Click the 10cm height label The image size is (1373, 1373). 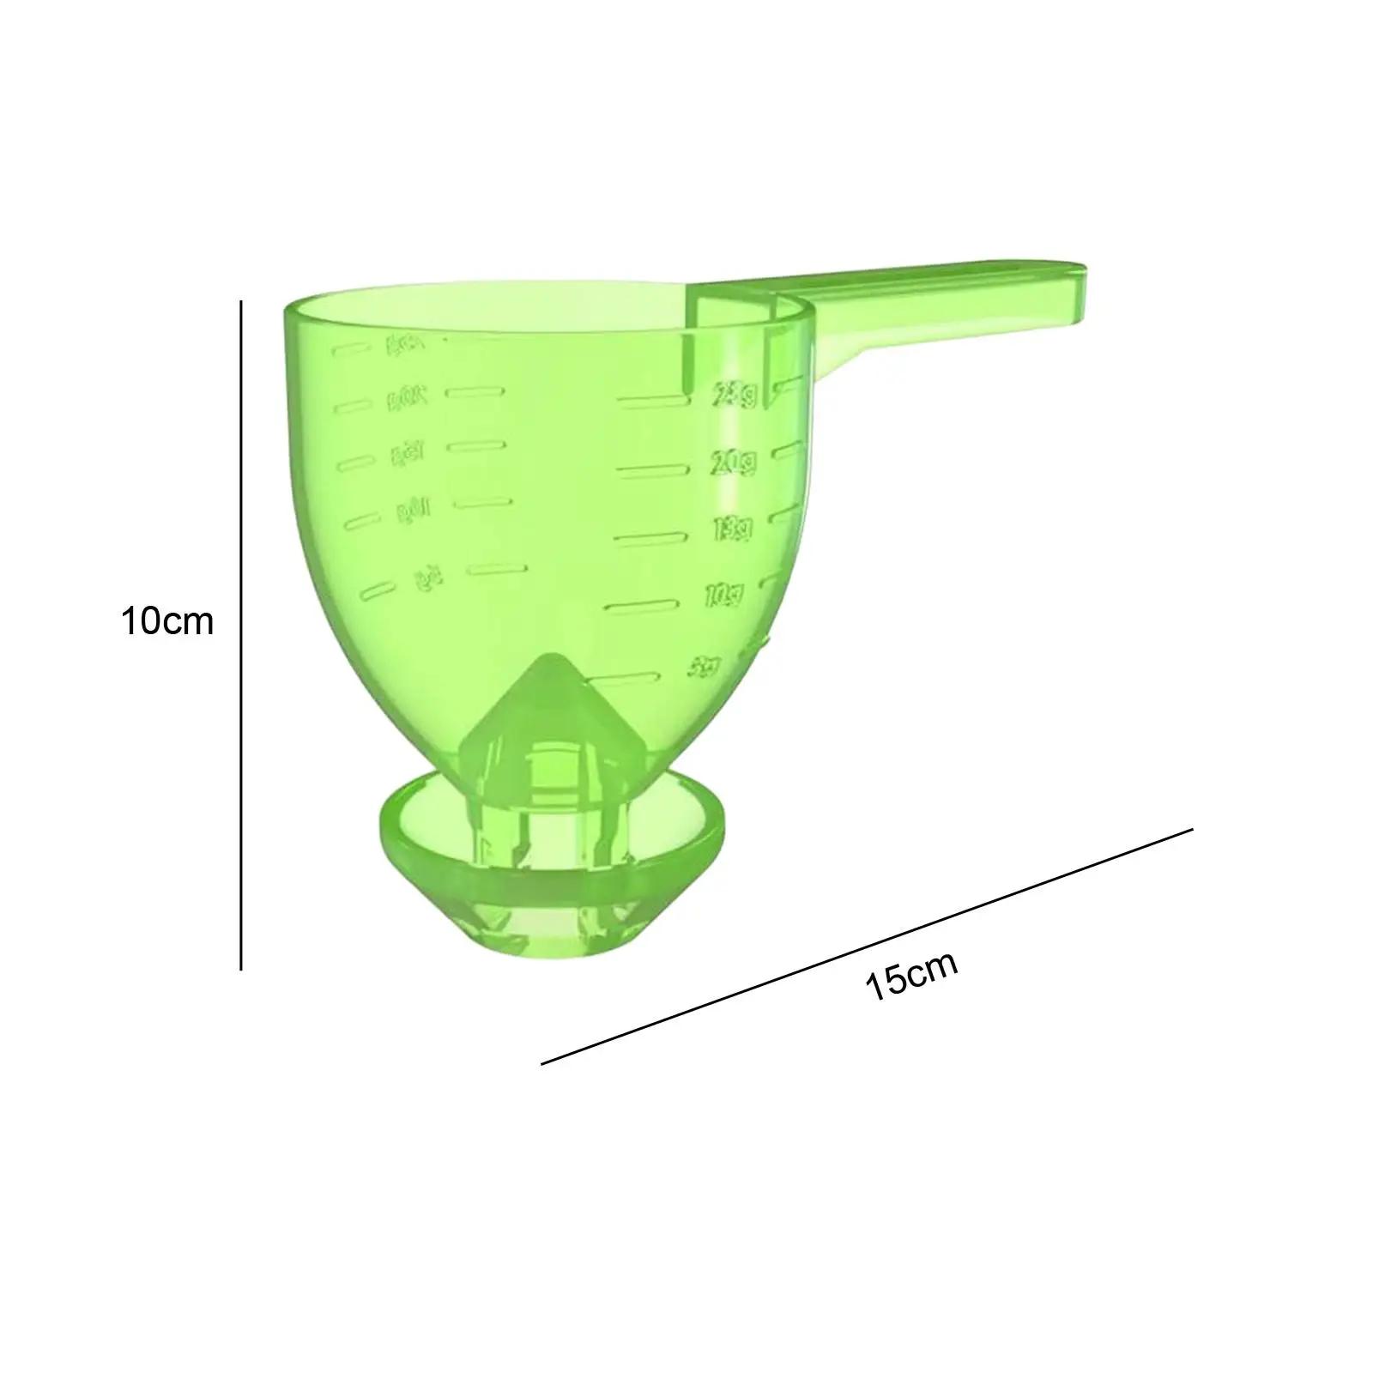click(x=166, y=621)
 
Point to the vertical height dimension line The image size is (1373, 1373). click(x=241, y=635)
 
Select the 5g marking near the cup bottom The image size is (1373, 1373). click(x=706, y=664)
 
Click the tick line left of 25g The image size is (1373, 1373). click(x=655, y=401)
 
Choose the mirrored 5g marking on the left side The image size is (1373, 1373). click(x=421, y=580)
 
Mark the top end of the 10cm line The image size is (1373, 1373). click(x=241, y=301)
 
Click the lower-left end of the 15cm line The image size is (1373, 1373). click(x=542, y=1064)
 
